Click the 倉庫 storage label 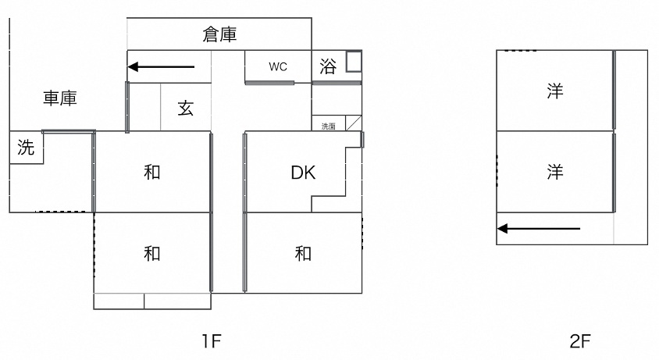tap(219, 34)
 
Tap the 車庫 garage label tap(60, 98)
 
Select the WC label tap(278, 66)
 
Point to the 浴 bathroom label tap(328, 66)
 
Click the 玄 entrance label tap(185, 109)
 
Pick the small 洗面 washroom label tap(329, 126)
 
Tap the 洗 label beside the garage tap(26, 148)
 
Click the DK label tap(303, 173)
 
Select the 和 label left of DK tap(152, 172)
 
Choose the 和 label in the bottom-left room tap(152, 253)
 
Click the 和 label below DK tap(303, 253)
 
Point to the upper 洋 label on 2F tap(555, 91)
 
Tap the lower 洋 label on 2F tap(555, 172)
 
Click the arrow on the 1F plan tap(161, 66)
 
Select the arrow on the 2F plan tap(539, 229)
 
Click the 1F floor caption tap(211, 340)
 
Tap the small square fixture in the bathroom tap(353, 62)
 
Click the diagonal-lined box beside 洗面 tap(352, 123)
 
